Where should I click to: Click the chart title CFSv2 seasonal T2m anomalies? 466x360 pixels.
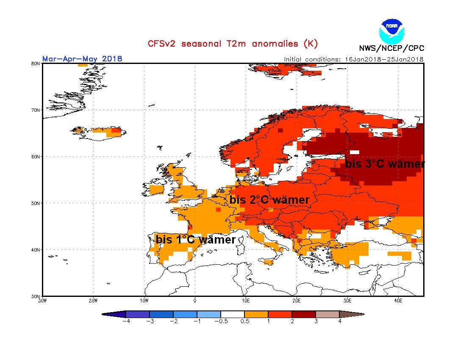tap(232, 44)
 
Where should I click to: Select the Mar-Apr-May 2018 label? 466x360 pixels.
tap(82, 58)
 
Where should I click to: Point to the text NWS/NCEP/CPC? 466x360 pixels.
tap(391, 48)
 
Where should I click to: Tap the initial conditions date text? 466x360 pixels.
tap(354, 59)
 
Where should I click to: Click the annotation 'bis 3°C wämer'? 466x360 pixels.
tap(385, 164)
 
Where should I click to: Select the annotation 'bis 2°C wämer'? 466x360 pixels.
tap(269, 200)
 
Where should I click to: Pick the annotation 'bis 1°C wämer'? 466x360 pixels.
tap(196, 240)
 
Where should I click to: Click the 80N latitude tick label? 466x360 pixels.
tap(36, 64)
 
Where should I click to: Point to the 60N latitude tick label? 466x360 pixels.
tap(36, 157)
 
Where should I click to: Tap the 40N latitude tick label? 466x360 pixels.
tap(36, 250)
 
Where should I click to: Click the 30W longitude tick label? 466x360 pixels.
tap(42, 301)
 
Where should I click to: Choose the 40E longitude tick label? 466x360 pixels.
tap(398, 301)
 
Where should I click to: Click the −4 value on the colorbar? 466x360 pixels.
tap(125, 321)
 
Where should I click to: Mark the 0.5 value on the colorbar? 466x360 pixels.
tap(244, 321)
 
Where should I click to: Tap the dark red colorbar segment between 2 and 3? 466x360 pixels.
tap(304, 314)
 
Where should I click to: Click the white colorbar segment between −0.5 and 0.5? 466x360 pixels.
tap(233, 314)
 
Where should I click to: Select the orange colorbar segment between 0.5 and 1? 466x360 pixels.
tap(256, 314)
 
